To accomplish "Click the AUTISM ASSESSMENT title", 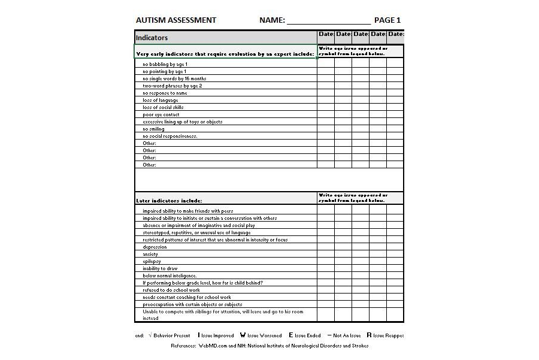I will (x=176, y=20).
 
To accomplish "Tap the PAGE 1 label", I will (x=387, y=20).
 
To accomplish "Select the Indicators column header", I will (x=152, y=38).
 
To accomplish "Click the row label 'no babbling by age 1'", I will (x=165, y=64).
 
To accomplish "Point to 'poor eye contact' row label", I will (x=161, y=114).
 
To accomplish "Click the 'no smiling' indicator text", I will (x=153, y=129).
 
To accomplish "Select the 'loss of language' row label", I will (x=160, y=100).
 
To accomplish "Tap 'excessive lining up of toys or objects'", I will (x=182, y=122).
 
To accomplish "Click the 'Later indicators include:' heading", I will (x=169, y=201).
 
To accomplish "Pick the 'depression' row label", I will (x=155, y=247).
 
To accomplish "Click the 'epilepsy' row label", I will (x=152, y=261).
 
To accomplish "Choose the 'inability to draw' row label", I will (x=160, y=268).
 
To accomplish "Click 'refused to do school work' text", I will (x=170, y=290).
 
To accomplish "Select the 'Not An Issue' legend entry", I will (x=344, y=335).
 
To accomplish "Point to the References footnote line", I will (x=269, y=346).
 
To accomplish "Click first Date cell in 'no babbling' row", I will (x=325, y=64).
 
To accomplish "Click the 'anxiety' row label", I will (x=150, y=254).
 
